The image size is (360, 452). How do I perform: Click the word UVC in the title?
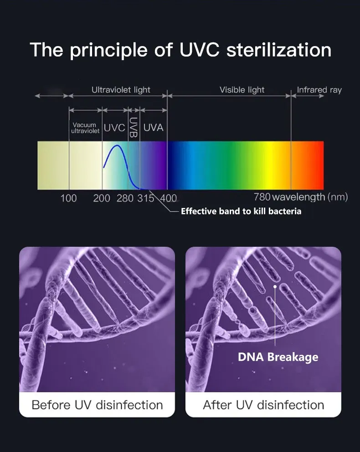tap(199, 50)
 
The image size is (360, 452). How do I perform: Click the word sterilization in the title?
tap(279, 50)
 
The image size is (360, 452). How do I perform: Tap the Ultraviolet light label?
tap(121, 90)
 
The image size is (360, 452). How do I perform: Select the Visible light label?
tap(242, 90)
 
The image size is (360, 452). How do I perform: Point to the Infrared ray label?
tap(319, 90)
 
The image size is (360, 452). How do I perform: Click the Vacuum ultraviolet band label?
tap(85, 128)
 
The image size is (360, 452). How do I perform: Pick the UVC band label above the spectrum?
tap(114, 128)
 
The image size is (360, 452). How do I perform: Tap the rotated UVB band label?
tap(133, 127)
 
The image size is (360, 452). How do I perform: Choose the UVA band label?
tap(153, 127)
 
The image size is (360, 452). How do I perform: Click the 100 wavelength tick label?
tap(68, 198)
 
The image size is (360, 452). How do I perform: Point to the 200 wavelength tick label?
tap(102, 198)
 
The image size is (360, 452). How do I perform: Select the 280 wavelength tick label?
tap(125, 198)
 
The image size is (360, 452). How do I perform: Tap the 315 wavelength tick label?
tap(145, 198)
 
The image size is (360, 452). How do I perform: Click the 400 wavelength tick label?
tap(169, 198)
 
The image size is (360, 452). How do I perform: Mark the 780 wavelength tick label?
tap(262, 197)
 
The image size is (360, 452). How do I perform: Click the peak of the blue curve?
tap(117, 145)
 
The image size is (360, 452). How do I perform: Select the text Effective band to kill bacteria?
tap(241, 211)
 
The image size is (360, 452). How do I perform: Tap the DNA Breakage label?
tap(278, 357)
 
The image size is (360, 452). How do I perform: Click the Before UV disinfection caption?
tap(98, 405)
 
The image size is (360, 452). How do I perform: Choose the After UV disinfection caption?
tap(263, 405)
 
